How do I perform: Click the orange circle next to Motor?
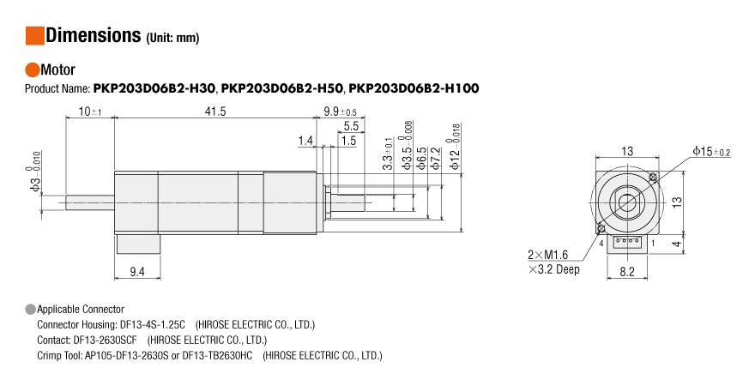[x=32, y=70]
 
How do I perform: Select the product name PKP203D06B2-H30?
[x=154, y=88]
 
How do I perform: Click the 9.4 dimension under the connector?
[x=136, y=272]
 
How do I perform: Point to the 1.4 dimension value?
[x=305, y=140]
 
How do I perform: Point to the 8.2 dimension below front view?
[x=627, y=272]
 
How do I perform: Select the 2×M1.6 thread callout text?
[x=548, y=255]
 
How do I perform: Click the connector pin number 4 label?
[x=601, y=243]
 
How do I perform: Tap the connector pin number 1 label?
[x=654, y=243]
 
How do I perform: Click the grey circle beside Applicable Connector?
[x=31, y=309]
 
